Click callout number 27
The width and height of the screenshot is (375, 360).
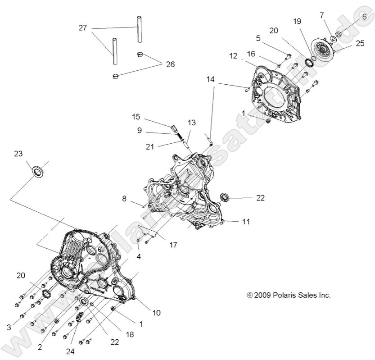click(x=82, y=28)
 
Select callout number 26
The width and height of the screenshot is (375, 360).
click(x=169, y=64)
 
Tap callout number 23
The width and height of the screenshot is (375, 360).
click(x=18, y=154)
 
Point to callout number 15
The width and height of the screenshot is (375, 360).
click(x=136, y=117)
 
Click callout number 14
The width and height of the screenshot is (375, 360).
click(x=211, y=79)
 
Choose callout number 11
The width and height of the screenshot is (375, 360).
click(x=245, y=222)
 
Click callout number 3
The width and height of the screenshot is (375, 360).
click(x=9, y=327)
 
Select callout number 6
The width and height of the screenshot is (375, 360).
click(x=364, y=16)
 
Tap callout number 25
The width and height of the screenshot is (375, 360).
click(x=360, y=43)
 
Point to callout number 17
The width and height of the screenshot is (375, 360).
click(x=173, y=245)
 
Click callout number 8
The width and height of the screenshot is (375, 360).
click(x=124, y=198)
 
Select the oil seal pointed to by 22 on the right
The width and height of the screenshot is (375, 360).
click(x=225, y=197)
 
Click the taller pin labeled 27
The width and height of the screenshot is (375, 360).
click(x=139, y=30)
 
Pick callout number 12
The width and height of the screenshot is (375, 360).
click(x=233, y=55)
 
